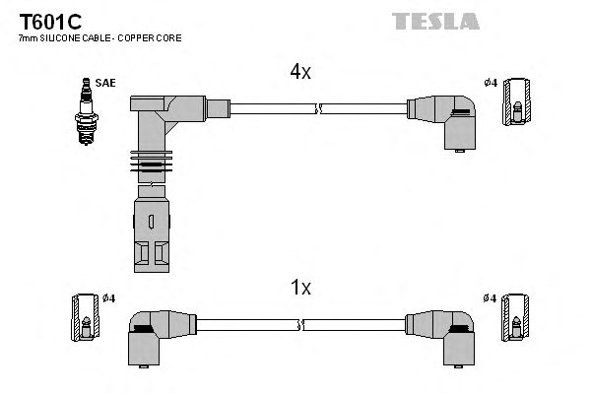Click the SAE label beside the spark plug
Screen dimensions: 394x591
click(x=105, y=83)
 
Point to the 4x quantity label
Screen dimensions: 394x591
click(x=300, y=72)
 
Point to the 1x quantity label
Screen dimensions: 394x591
click(x=300, y=288)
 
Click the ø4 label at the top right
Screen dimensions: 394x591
click(x=491, y=82)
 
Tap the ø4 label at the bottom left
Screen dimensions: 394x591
click(x=108, y=298)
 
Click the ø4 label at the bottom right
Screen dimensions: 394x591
click(x=491, y=298)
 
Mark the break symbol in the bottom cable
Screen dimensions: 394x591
click(x=301, y=324)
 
